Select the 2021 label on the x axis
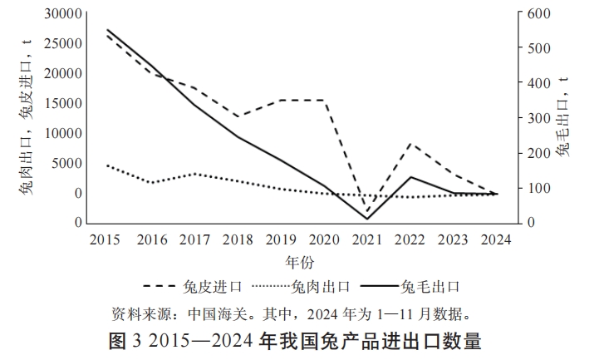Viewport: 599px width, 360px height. (x=367, y=239)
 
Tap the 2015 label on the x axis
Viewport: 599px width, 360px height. (x=105, y=239)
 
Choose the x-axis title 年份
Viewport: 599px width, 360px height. (x=300, y=262)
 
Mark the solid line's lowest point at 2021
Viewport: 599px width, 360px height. (x=367, y=219)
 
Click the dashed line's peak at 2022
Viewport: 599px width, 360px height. (x=410, y=144)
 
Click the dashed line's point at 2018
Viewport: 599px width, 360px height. (x=237, y=117)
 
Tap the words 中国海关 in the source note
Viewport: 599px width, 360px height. (x=214, y=314)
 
